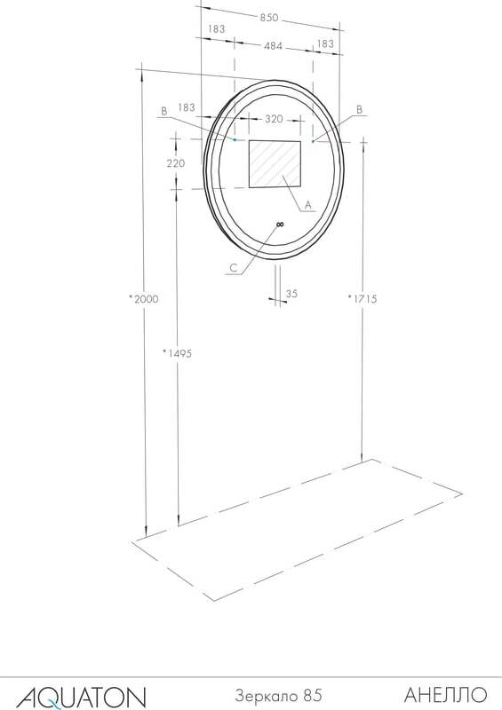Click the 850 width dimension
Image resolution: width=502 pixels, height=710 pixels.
point(269,18)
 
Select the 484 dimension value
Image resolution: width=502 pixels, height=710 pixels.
point(273,46)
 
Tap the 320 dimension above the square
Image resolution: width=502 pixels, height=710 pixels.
point(274,119)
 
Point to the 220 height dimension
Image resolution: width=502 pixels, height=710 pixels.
point(176,163)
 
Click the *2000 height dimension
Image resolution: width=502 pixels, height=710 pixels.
point(144,299)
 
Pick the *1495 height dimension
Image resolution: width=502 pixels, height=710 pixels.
point(178,353)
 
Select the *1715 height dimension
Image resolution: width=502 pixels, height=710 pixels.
point(363,299)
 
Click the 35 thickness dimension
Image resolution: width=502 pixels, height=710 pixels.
point(291,294)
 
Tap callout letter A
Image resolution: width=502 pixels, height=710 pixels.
point(308,205)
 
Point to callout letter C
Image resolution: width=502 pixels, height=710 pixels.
point(233,268)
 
